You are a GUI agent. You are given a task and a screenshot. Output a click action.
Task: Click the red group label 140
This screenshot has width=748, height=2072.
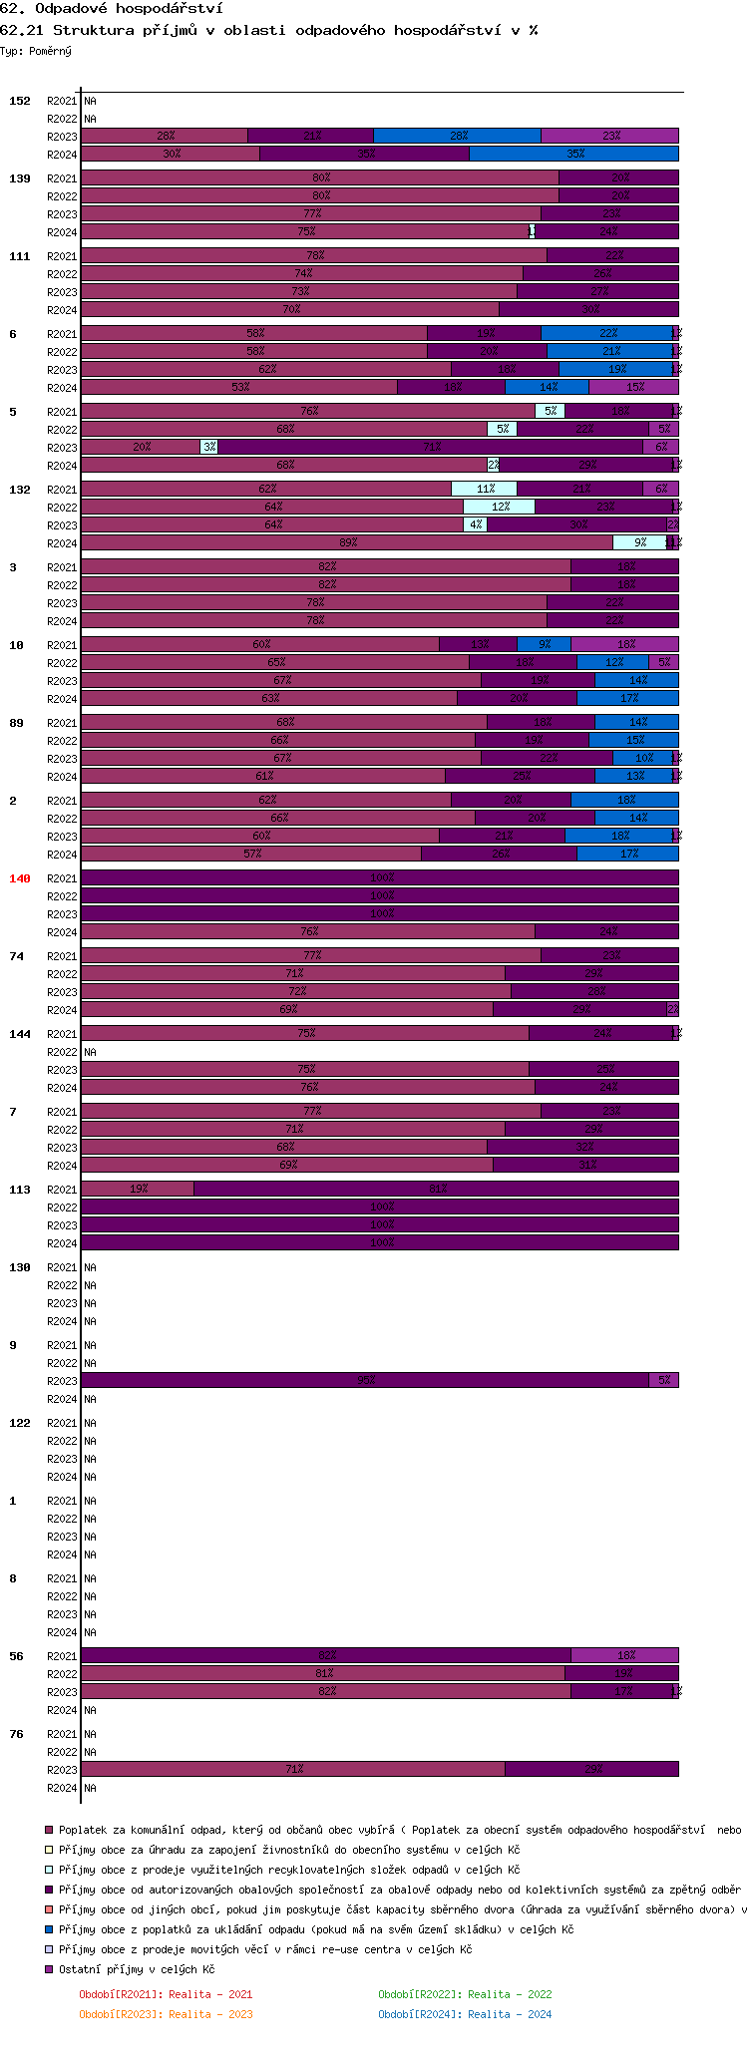[19, 878]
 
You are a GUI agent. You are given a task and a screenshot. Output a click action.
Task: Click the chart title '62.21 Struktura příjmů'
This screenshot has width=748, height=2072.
[268, 30]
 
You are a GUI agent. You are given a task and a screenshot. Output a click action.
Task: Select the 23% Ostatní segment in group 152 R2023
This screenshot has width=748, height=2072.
[609, 137]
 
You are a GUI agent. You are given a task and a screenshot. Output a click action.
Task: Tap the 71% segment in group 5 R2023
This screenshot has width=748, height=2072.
[430, 447]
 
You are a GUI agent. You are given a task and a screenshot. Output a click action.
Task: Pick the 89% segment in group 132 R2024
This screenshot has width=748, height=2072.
[347, 542]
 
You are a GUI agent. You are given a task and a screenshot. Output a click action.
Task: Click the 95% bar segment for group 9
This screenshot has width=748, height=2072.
[365, 1380]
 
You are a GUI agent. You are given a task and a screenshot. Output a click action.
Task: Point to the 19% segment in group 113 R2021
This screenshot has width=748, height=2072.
[138, 1189]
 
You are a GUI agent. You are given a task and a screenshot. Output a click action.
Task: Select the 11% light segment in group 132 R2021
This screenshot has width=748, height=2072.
[484, 489]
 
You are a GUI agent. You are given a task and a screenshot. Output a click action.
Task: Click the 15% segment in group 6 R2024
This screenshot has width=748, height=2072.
[633, 387]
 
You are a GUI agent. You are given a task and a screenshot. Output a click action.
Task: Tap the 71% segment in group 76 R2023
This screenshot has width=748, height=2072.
[293, 1769]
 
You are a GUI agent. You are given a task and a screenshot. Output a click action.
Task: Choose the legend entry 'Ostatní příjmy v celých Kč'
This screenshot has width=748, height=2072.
[136, 1969]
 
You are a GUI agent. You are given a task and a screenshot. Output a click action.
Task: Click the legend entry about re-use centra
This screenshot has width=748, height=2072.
[264, 1949]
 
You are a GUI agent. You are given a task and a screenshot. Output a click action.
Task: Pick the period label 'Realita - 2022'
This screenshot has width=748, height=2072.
[465, 1994]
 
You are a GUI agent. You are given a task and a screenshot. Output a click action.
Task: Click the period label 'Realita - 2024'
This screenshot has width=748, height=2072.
[465, 2014]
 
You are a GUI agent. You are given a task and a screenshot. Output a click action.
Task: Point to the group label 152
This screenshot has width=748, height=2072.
[19, 101]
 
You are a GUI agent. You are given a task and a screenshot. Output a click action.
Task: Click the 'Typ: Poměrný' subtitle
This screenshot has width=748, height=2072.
[36, 51]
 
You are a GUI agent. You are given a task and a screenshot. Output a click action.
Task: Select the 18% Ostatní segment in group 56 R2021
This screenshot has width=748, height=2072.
[624, 1655]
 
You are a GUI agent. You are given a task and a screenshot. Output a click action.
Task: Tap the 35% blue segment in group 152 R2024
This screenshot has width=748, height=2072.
[573, 154]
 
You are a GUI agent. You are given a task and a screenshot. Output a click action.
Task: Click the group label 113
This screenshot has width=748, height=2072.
[19, 1190]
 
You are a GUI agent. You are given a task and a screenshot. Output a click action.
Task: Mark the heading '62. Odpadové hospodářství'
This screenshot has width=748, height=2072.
[111, 8]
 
